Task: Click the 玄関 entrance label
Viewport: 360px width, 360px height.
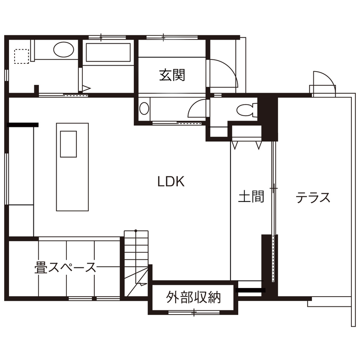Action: [x=172, y=76]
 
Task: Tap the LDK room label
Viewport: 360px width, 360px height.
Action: [x=171, y=182]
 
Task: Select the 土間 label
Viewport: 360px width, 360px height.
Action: [x=251, y=197]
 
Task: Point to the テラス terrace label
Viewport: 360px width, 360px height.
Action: [x=313, y=198]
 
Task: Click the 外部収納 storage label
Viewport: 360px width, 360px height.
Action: [x=193, y=297]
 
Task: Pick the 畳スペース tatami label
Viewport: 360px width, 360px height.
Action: [x=65, y=268]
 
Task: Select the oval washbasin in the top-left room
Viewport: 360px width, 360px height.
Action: [x=63, y=50]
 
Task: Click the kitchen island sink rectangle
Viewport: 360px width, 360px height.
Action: [x=68, y=144]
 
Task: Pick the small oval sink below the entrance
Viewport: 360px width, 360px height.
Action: [x=144, y=108]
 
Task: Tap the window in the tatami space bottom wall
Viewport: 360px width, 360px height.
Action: [x=94, y=298]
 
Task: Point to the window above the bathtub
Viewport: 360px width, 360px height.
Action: [x=101, y=37]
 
